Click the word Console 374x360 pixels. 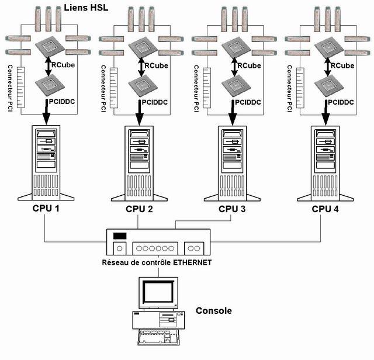pos(213,311)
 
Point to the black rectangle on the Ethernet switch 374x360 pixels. pos(119,236)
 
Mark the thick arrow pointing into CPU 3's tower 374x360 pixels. pos(233,113)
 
